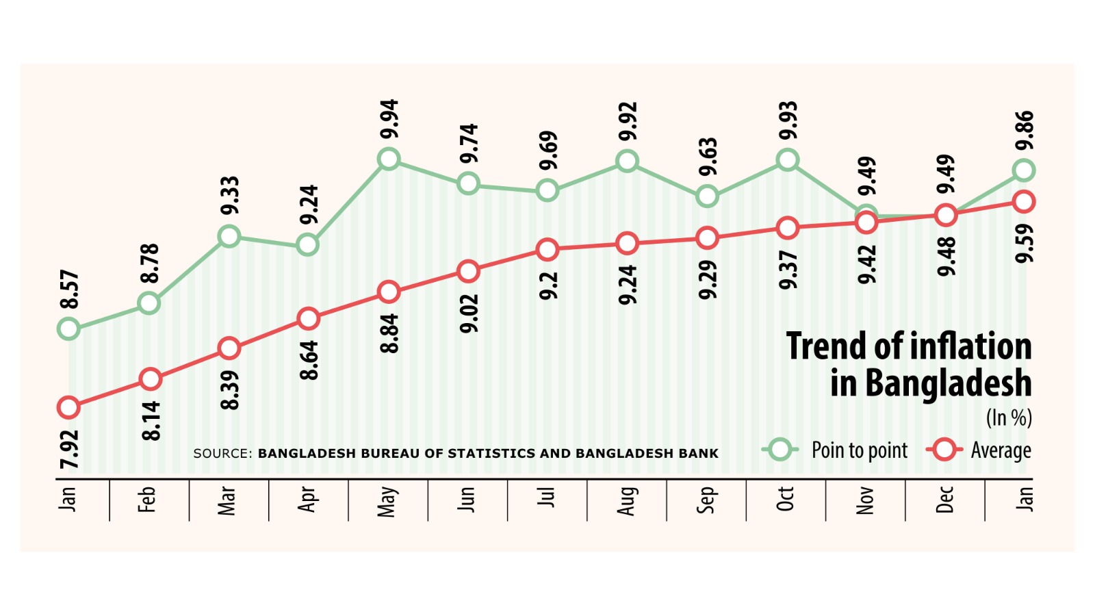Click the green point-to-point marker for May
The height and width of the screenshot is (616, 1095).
pos(389,159)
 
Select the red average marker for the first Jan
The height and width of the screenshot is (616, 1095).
pos(68,408)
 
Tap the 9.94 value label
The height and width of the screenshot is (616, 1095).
pos(389,119)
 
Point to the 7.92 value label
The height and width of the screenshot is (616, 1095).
pos(69,449)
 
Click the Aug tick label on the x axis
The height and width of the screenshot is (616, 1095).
pos(626,500)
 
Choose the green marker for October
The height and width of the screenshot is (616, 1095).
pos(788,160)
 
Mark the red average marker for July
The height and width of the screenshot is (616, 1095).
pos(547,250)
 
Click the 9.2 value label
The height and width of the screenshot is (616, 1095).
pos(548,285)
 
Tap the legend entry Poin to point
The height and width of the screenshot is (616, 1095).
pos(859,450)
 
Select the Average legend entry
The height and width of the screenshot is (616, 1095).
pos(1000,450)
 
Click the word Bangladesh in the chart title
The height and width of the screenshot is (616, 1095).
pos(948,383)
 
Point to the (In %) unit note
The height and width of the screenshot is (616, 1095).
pos(1009,418)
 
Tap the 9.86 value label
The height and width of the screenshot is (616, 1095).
pos(1025,131)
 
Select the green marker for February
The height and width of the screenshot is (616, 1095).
pos(149,303)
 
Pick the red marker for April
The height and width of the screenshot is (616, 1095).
pos(309,319)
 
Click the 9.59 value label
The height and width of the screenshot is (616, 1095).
pos(1025,243)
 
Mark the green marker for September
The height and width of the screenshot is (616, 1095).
pos(707,196)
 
